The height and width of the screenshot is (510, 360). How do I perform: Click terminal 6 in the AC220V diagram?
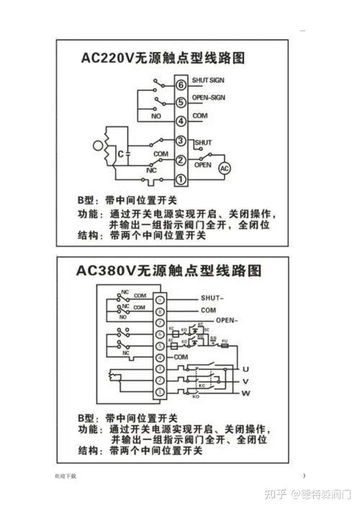coord(181,85)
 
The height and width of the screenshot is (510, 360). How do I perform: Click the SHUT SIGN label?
coord(209,79)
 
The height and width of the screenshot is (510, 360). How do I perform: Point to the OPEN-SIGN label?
coord(209,97)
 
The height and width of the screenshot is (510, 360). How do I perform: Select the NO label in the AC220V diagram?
coord(156,115)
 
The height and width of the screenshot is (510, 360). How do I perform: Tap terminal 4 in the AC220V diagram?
coord(181,121)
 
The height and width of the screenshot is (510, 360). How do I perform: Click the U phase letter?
coord(246,368)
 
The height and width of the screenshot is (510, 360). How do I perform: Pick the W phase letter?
coord(246,393)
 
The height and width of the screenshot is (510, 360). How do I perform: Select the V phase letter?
coord(246,381)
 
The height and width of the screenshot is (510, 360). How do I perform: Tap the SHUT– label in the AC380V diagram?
coord(213,297)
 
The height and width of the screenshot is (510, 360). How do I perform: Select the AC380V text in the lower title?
coord(107,272)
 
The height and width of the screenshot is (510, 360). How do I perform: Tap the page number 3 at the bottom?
coord(304,476)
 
